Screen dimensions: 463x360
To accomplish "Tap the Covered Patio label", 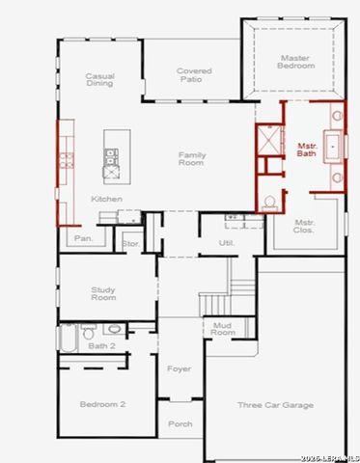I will (193, 75).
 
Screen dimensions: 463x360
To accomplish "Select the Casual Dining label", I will (99, 79).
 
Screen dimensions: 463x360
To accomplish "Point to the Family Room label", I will (192, 159).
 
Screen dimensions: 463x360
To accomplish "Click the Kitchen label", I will (106, 199).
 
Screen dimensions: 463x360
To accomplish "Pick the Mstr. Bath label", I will (306, 150).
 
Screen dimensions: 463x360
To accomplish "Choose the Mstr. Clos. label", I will (306, 228).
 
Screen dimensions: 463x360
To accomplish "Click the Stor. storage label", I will (130, 244).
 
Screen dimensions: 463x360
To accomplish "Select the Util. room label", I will (227, 242).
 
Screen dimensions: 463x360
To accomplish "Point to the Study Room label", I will (103, 293).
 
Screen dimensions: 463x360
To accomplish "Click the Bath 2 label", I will (101, 345).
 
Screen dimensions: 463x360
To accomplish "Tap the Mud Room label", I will (223, 328).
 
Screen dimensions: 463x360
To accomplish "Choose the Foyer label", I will (179, 368).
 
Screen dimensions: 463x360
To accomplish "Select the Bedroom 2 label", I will (102, 405).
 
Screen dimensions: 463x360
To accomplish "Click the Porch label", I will (180, 423).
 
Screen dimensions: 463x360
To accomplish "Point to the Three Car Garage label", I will (275, 405).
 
